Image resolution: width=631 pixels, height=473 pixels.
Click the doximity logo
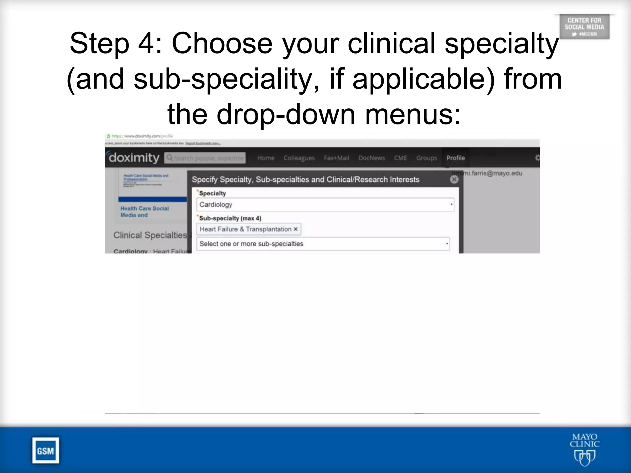pos(134,158)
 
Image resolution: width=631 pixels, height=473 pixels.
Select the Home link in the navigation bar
pos(266,158)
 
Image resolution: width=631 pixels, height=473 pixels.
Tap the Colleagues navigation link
pos(299,158)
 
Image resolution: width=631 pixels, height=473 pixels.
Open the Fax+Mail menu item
pos(336,158)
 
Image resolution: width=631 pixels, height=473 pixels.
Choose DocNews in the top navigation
pos(371,158)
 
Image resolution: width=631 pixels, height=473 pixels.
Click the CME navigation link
pos(400,158)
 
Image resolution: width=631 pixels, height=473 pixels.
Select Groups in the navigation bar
pos(426,158)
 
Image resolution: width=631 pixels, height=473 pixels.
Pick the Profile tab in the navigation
pos(455,158)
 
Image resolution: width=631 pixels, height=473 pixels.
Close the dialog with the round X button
pos(454,180)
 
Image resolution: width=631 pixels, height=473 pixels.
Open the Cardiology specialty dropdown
pos(325,204)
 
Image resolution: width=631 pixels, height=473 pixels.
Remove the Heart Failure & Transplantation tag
pos(295,229)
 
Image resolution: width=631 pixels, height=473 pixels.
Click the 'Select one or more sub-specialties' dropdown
pos(323,244)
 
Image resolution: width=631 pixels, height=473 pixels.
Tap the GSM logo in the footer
pos(46,451)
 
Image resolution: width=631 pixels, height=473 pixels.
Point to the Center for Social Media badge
pos(584,27)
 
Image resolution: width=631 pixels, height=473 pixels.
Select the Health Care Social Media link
pos(145,212)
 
